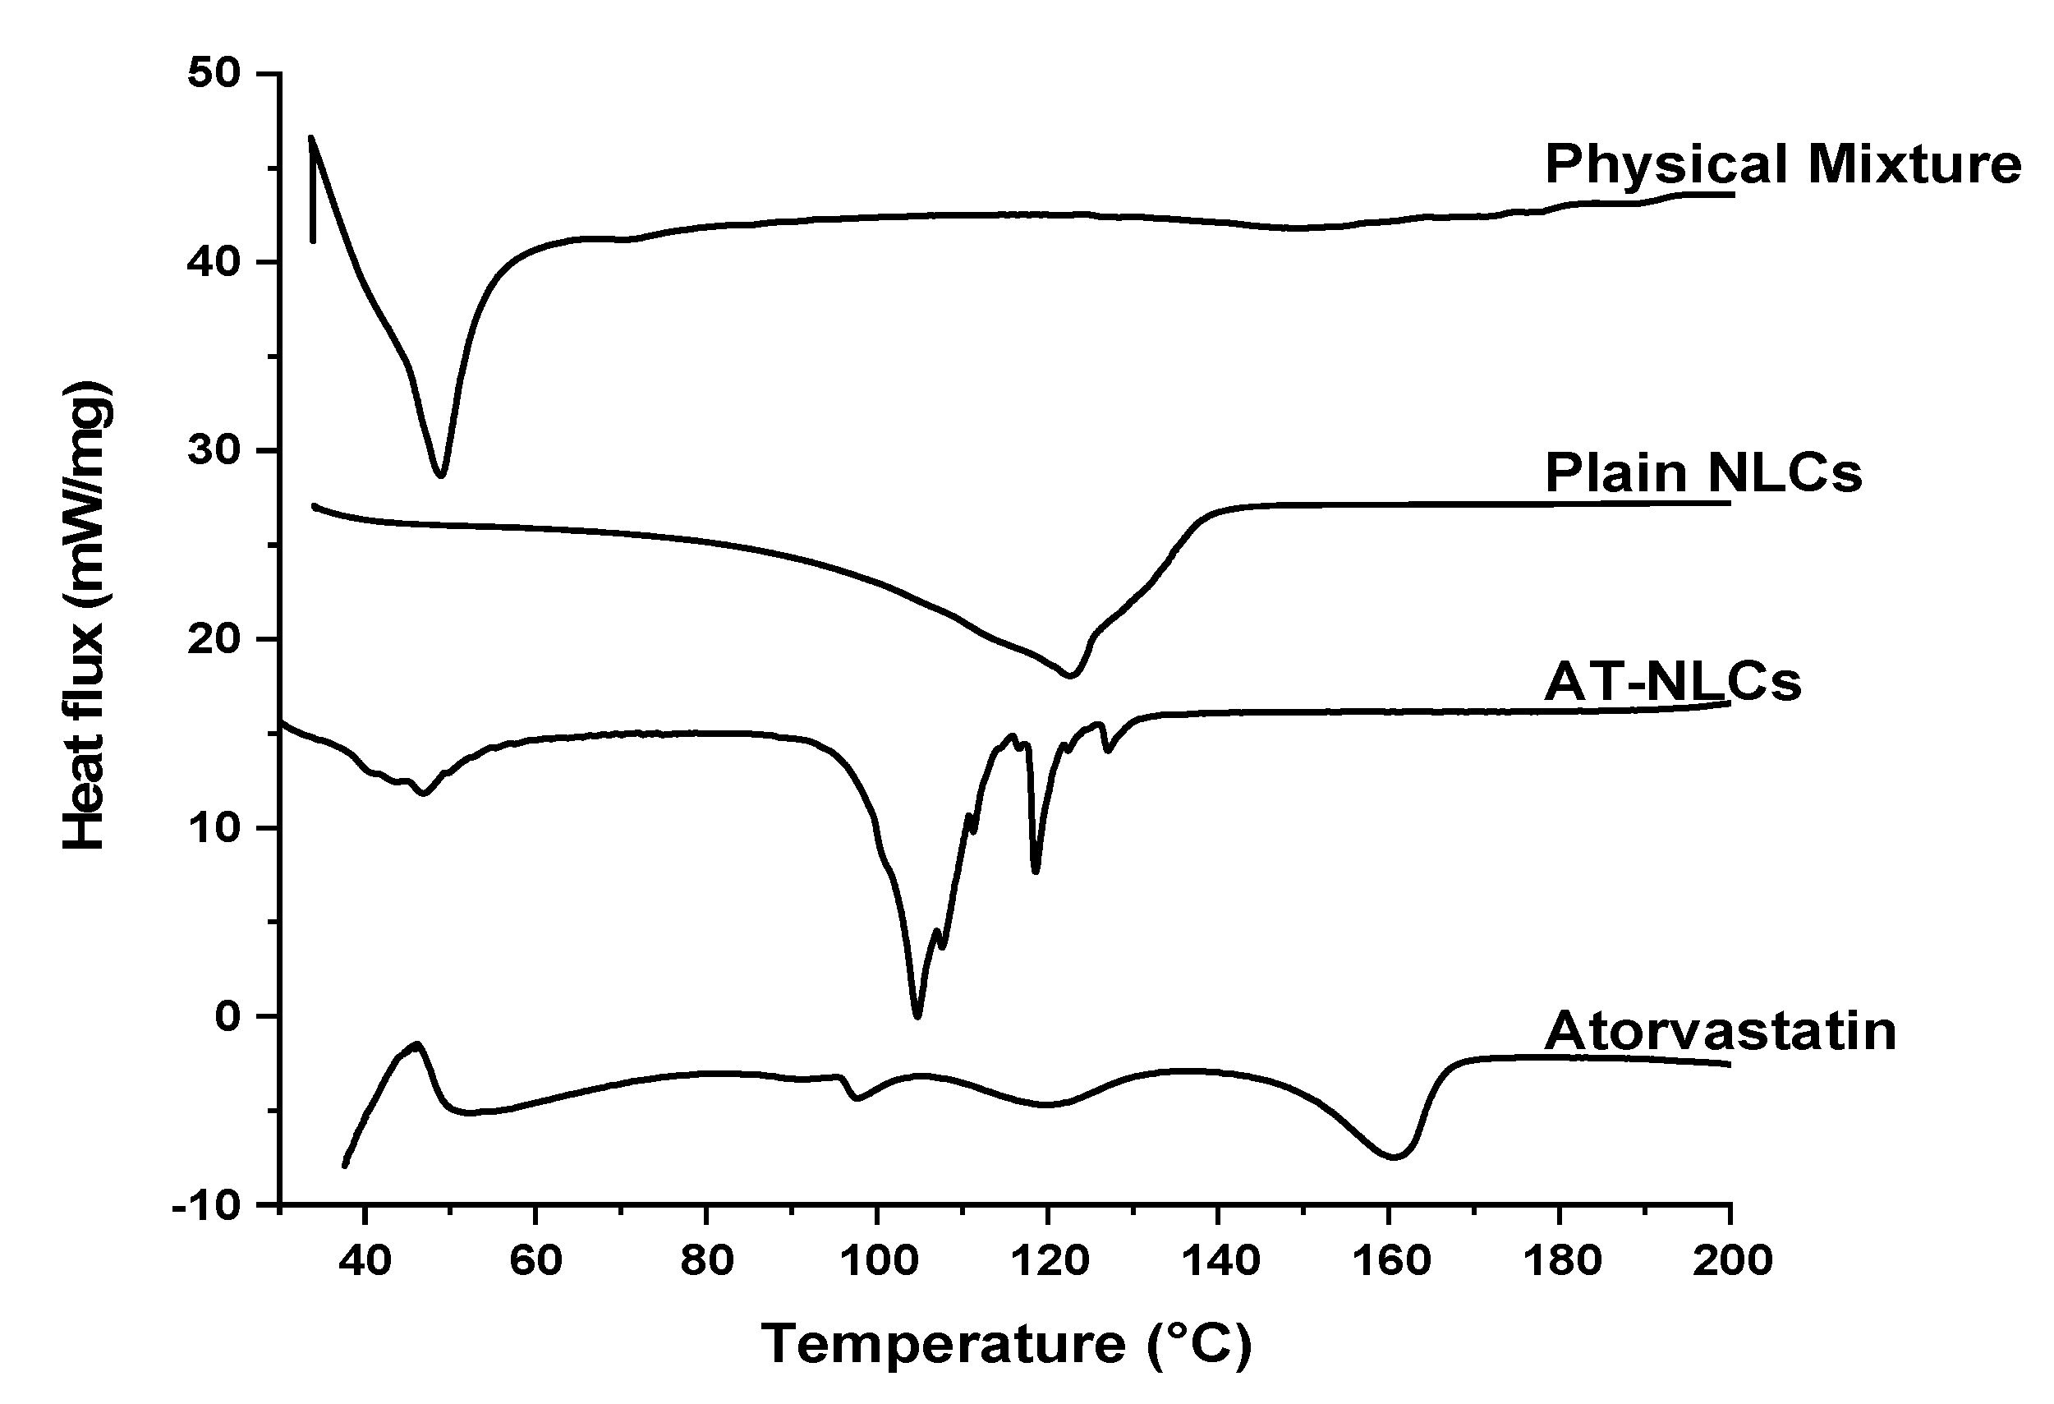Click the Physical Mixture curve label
[1783, 164]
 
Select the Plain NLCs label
[1703, 473]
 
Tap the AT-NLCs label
[1672, 683]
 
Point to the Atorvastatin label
[1720, 1031]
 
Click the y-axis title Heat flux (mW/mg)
[85, 616]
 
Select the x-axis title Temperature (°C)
[1006, 1345]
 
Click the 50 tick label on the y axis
[215, 72]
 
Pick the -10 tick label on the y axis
[206, 1206]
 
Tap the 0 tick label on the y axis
[227, 1017]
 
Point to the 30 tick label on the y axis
[215, 451]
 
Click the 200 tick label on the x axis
[1731, 1261]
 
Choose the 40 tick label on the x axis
[365, 1261]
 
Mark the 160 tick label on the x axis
[1390, 1261]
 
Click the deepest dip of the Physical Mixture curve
[441, 476]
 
